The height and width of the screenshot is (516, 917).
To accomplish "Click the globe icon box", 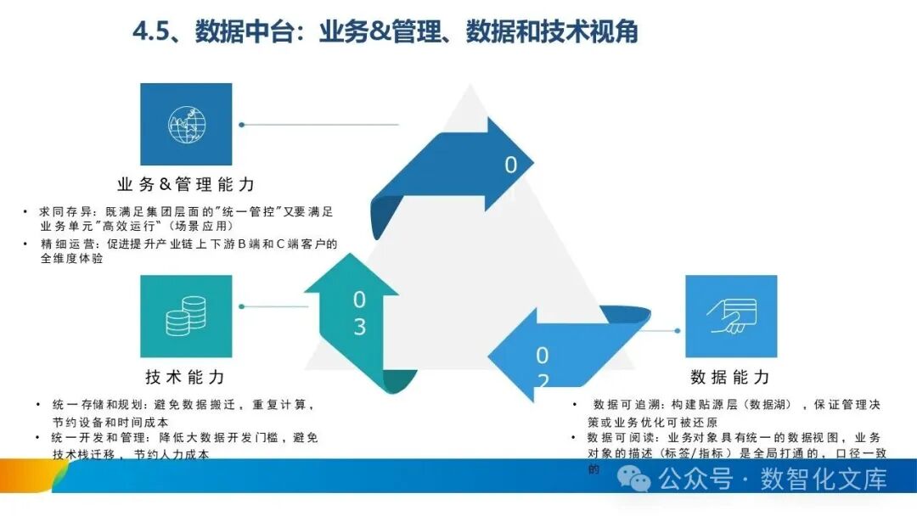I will [x=186, y=124].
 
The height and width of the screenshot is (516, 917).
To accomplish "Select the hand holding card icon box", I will [x=730, y=317].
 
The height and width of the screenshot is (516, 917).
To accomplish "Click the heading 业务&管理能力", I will [x=185, y=184].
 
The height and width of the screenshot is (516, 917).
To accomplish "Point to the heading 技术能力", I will [x=185, y=377].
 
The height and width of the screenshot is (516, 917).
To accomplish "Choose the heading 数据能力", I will [x=730, y=377].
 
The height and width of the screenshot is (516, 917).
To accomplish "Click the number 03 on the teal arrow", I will [x=359, y=313].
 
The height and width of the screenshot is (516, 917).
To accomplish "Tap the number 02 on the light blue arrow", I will [x=542, y=367].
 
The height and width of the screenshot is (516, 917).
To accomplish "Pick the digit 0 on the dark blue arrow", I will [x=510, y=165].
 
